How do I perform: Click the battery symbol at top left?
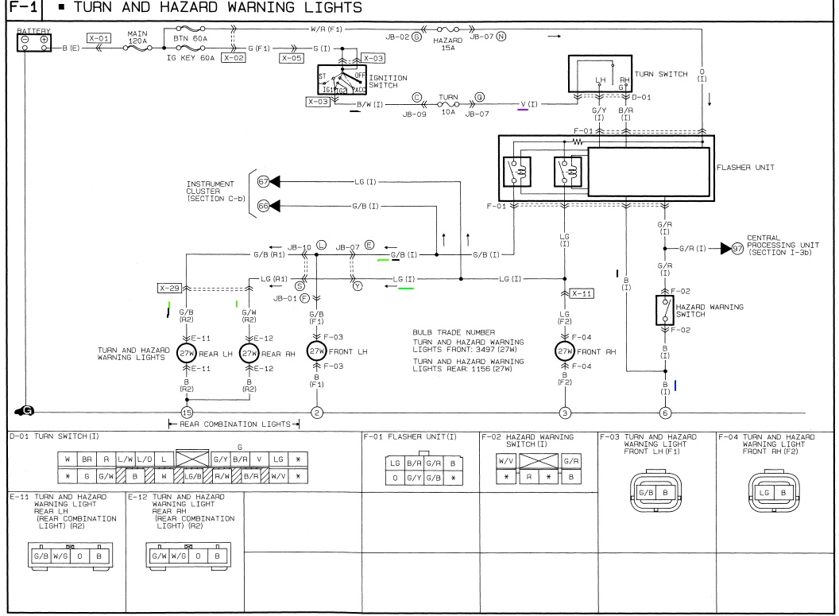pos(36,41)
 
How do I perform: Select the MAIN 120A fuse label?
pos(137,37)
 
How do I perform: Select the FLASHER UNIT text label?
pos(745,169)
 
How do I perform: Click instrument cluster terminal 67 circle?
pos(263,182)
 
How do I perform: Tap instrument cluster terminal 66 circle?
pos(263,206)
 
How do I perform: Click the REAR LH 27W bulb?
pos(186,352)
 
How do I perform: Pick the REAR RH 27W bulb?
pos(249,352)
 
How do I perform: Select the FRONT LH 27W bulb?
pos(316,351)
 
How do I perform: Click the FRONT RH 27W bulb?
pos(565,351)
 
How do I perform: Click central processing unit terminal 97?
pos(737,250)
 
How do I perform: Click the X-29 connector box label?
pos(169,289)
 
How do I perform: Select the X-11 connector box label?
pos(582,293)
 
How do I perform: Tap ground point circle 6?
pos(665,413)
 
